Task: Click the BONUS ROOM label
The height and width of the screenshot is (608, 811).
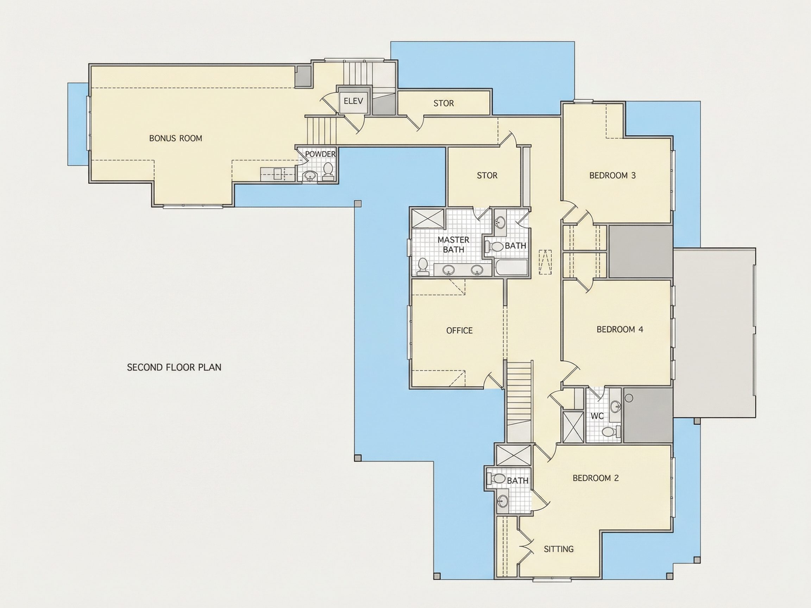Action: [x=176, y=139]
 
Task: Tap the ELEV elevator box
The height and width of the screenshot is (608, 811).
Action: [x=353, y=100]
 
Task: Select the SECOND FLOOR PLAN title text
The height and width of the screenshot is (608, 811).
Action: [x=174, y=367]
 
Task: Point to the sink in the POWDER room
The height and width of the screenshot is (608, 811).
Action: [x=310, y=177]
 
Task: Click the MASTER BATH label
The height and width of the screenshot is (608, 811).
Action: [x=453, y=245]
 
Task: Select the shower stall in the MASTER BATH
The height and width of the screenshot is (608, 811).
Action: [x=428, y=219]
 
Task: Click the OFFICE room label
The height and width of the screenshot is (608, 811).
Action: [x=459, y=331]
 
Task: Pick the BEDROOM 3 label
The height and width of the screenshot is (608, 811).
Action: [x=612, y=176]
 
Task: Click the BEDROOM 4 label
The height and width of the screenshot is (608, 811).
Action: [x=620, y=329]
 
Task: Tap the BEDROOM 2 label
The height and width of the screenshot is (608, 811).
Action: [x=596, y=478]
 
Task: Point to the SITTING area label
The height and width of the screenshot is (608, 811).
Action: [x=559, y=549]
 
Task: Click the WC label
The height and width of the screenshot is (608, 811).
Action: [x=597, y=416]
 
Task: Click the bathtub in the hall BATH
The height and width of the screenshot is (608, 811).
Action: [x=511, y=268]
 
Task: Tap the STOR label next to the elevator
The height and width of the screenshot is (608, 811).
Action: [x=444, y=103]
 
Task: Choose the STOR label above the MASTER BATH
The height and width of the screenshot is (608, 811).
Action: [x=487, y=176]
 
